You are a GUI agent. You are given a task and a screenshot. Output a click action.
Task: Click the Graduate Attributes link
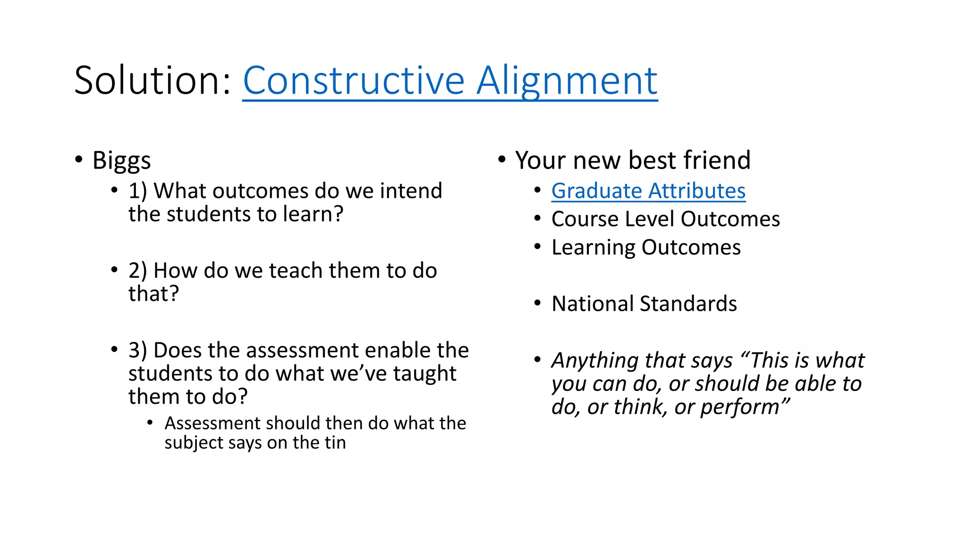648,191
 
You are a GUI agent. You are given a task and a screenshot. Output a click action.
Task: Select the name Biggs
121,161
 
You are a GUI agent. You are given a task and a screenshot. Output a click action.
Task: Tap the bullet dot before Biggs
79,159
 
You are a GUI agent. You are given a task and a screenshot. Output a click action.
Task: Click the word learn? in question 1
313,214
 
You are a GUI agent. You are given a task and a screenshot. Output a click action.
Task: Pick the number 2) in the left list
137,271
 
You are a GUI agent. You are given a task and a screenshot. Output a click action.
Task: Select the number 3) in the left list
137,350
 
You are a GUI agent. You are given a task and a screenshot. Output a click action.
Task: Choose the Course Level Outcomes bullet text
665,219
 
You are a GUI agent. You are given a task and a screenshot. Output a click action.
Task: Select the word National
592,304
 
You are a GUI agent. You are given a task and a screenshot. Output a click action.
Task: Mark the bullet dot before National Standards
537,303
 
